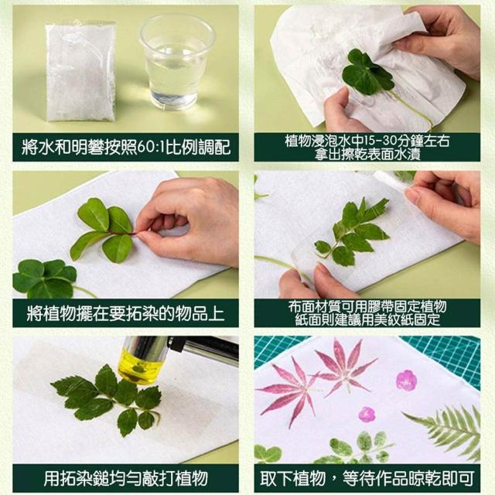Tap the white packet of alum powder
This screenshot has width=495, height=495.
click(x=80, y=70)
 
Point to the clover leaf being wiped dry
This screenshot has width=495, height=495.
click(x=368, y=73)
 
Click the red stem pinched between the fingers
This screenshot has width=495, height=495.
click(x=123, y=233)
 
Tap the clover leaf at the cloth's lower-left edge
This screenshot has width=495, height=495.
click(x=44, y=278)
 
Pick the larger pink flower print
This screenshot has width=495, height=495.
click(x=406, y=380)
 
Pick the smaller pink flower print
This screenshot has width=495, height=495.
click(x=367, y=415)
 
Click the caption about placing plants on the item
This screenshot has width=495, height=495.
click(x=125, y=313)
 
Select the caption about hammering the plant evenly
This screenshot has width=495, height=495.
click(x=125, y=478)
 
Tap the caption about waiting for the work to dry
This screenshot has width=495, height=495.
click(x=367, y=478)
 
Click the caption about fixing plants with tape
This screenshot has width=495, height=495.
click(x=367, y=313)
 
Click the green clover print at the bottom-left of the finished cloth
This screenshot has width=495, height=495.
click(x=268, y=453)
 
